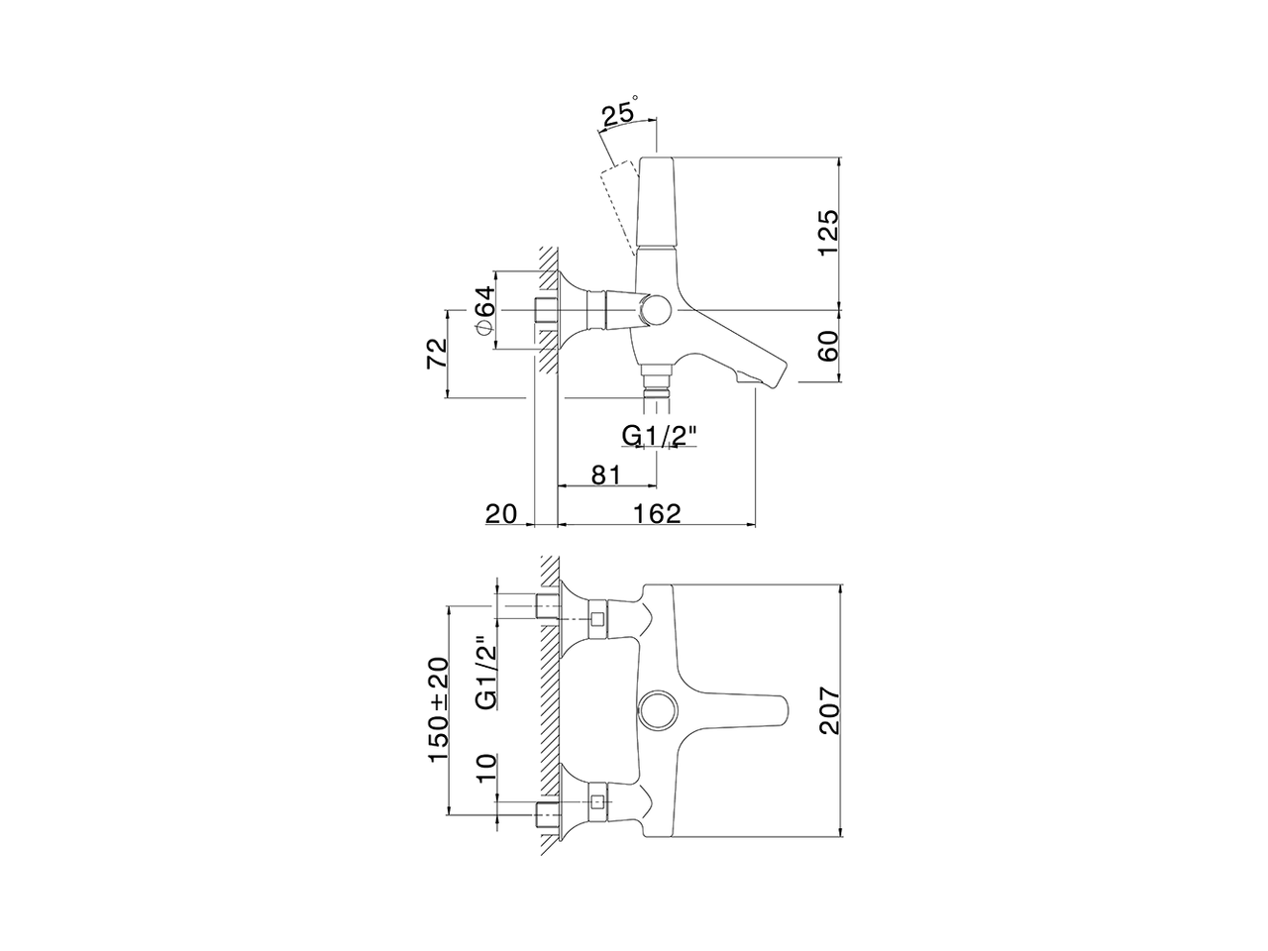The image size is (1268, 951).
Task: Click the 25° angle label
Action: [x=619, y=113]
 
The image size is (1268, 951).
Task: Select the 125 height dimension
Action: [x=828, y=232]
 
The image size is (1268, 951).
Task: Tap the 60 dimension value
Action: [x=828, y=346]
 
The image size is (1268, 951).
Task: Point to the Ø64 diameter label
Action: [x=483, y=310]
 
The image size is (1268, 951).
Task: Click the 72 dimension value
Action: [x=437, y=354]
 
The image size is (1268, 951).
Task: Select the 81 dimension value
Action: [x=605, y=475]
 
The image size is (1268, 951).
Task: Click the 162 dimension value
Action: [x=657, y=513]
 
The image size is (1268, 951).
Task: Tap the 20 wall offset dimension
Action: [x=501, y=513]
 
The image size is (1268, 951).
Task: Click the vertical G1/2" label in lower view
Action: [x=484, y=673]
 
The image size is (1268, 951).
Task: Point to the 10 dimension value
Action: [x=484, y=766]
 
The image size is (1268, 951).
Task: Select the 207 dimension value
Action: [x=828, y=708]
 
